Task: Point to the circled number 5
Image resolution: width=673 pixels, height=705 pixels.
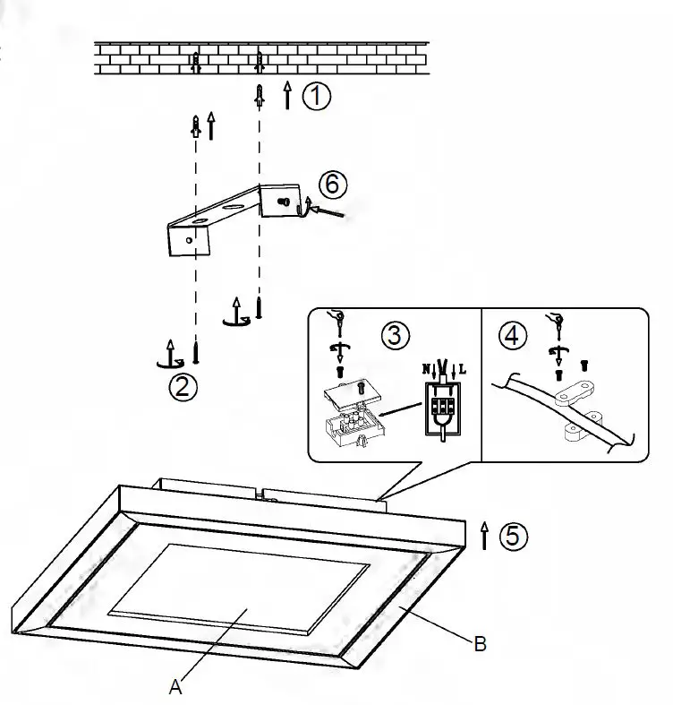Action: coord(512,536)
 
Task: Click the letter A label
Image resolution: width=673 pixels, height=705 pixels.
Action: coord(175,687)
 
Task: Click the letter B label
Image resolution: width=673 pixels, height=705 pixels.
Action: coord(480,643)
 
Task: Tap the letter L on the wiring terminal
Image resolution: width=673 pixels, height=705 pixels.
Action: coord(461,368)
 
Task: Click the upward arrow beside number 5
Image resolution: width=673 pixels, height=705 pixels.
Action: coord(484,536)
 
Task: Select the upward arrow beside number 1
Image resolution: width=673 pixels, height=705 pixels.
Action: coord(287,95)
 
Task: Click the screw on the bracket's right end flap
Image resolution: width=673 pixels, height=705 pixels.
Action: coord(283,202)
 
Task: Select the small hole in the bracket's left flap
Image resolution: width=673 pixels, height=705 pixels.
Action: coord(188,239)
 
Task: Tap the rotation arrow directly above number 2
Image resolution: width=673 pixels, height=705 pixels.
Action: coord(167,356)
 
